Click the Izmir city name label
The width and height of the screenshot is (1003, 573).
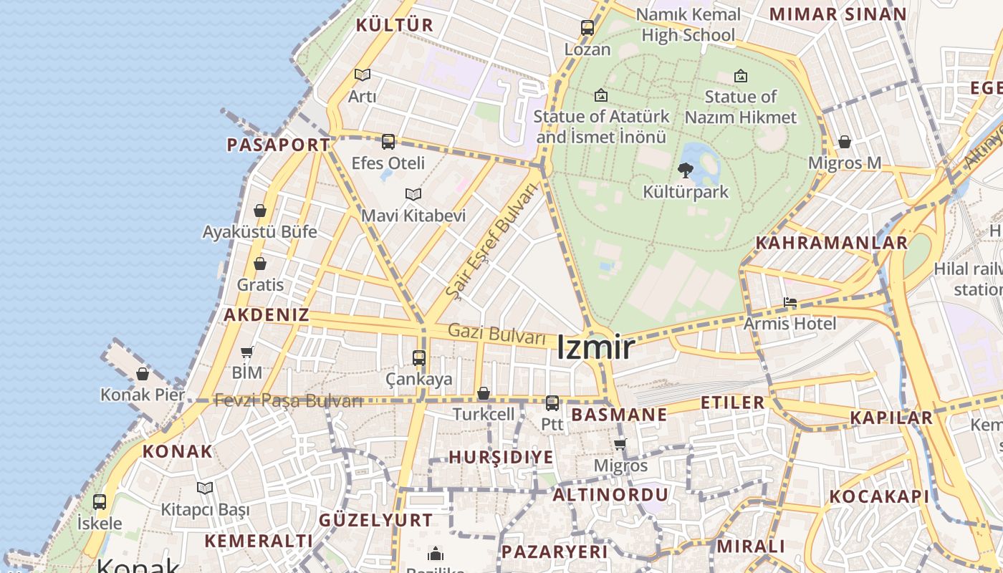pyautogui.click(x=595, y=348)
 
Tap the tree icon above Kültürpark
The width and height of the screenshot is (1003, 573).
pyautogui.click(x=685, y=170)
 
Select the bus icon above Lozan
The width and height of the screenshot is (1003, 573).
pyautogui.click(x=587, y=28)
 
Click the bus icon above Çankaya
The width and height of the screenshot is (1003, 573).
pyautogui.click(x=419, y=357)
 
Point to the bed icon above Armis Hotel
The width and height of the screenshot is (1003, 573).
pyautogui.click(x=790, y=302)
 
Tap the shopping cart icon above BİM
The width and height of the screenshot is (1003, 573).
pyautogui.click(x=247, y=352)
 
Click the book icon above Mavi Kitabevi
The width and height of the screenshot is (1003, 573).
pyautogui.click(x=413, y=194)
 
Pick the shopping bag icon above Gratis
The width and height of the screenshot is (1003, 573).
pyautogui.click(x=260, y=264)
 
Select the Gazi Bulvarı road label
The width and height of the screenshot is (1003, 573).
pyautogui.click(x=496, y=334)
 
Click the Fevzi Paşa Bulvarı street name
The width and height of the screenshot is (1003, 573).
pyautogui.click(x=289, y=400)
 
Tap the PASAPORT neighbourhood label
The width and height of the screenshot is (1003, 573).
pyautogui.click(x=278, y=145)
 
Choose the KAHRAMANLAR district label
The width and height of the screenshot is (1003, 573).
pyautogui.click(x=832, y=243)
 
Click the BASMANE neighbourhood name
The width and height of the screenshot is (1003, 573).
pyautogui.click(x=619, y=415)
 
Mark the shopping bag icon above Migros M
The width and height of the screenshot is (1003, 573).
pyautogui.click(x=845, y=142)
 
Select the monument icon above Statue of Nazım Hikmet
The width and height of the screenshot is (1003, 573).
pyautogui.click(x=741, y=75)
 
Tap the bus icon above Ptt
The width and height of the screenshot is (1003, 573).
pyautogui.click(x=552, y=403)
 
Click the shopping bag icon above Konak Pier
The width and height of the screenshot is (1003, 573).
pyautogui.click(x=143, y=374)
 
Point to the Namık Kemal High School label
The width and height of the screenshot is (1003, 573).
pyautogui.click(x=688, y=24)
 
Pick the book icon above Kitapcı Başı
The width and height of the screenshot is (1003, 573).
pyautogui.click(x=205, y=488)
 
